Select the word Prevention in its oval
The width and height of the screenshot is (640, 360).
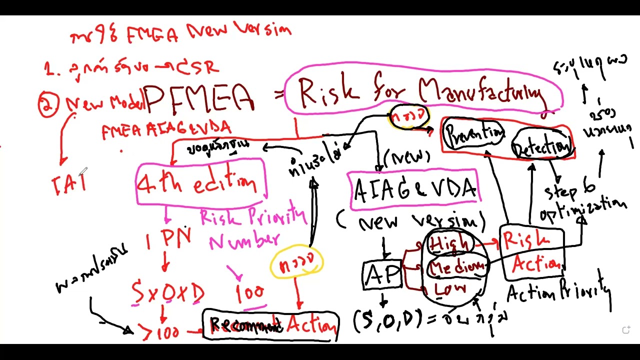(472, 134)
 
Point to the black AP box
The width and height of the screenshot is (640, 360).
(382, 274)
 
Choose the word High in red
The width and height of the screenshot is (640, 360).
(450, 243)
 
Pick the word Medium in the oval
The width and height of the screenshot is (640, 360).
(456, 267)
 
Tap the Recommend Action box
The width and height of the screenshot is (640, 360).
(270, 325)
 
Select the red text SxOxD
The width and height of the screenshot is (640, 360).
(167, 292)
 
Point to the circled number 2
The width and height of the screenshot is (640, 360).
(48, 105)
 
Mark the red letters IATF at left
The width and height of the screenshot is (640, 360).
(69, 184)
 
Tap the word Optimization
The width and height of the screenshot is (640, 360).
(582, 207)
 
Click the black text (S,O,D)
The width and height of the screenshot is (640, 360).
(387, 320)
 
